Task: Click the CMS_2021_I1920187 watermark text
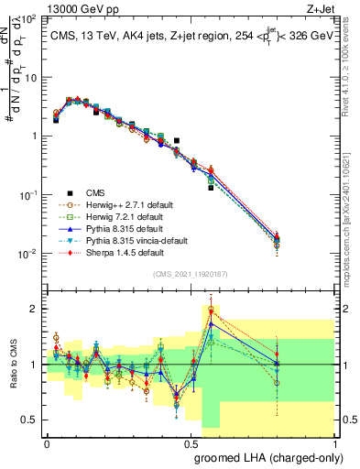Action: click(x=191, y=273)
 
